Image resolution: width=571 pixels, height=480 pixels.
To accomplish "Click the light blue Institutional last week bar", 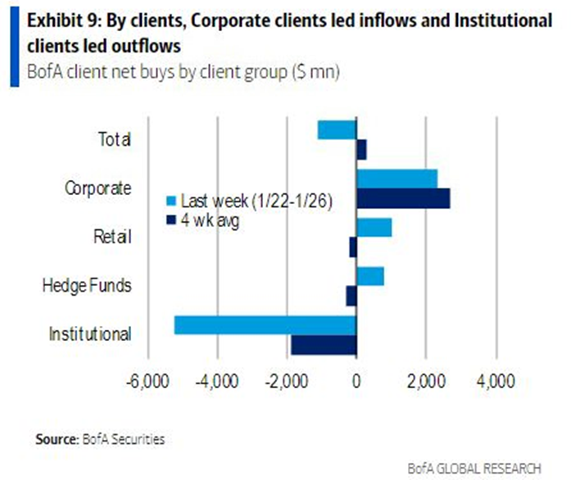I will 265,325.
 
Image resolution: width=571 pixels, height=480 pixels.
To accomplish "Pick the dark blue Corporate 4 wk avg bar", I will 403,198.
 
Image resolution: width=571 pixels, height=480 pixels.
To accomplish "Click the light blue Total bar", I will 337,129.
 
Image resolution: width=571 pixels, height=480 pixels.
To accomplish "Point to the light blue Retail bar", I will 374,227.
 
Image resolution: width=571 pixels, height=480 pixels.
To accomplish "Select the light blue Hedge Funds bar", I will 370,276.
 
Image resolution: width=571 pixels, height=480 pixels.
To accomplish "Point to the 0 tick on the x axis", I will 356,382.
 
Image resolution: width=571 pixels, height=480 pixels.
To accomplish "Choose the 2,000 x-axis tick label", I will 425,382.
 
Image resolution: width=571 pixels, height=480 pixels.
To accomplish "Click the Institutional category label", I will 89,334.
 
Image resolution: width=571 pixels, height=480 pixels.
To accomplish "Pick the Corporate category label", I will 97,188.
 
